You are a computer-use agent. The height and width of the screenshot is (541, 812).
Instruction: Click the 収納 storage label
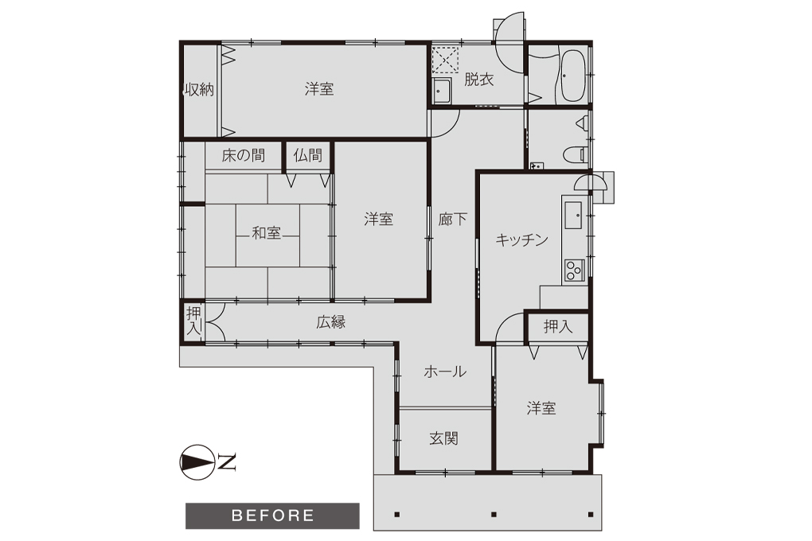(200, 90)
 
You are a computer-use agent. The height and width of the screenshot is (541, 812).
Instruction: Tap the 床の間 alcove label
(244, 155)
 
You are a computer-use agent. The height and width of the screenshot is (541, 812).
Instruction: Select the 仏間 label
(307, 155)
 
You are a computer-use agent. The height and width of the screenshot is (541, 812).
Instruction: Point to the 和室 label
(266, 233)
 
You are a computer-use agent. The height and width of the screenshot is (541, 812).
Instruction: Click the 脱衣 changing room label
(479, 80)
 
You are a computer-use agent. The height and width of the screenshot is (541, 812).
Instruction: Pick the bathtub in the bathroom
(572, 76)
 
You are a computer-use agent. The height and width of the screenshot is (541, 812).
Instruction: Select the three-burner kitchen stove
(574, 270)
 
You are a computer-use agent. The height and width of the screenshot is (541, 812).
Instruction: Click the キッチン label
(521, 239)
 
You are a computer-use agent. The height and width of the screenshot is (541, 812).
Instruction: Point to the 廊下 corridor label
(453, 220)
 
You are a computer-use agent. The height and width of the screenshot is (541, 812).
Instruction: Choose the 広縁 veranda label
(331, 322)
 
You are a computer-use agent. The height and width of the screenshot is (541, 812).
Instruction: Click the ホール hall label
(445, 372)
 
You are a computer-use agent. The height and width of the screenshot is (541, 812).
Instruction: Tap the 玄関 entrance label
(443, 438)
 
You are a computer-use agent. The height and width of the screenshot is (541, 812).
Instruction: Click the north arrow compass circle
(197, 461)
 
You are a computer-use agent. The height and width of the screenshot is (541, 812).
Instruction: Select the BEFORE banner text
(273, 516)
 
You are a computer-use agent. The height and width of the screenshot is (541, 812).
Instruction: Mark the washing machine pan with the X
(445, 60)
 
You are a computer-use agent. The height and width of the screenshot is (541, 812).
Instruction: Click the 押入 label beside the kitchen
(558, 326)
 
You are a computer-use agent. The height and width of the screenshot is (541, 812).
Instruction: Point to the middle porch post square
(494, 515)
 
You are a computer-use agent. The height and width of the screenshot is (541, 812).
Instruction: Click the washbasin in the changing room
(443, 92)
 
